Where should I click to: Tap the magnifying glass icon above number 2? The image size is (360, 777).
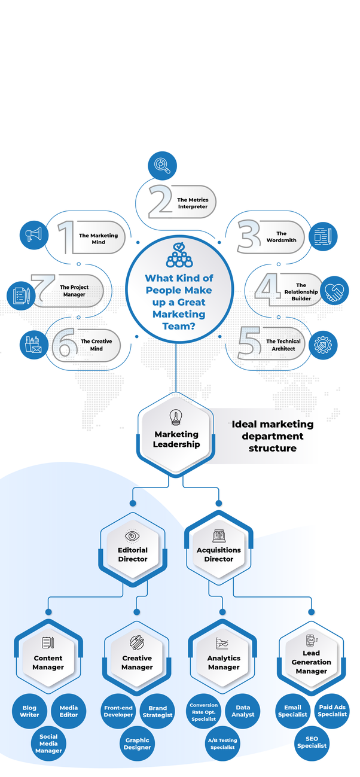pos(162,164)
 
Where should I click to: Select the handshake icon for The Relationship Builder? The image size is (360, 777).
pos(334,291)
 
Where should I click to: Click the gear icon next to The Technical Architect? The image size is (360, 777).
pos(325,345)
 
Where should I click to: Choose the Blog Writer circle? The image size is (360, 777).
pos(29,711)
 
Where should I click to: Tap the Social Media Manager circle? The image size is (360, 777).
pos(48,743)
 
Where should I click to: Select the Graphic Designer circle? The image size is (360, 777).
pos(137,744)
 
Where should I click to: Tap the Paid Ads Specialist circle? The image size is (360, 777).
pos(332,711)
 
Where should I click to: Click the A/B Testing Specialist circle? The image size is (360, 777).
pos(222,744)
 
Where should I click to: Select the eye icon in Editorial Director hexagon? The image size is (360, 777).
pos(132,535)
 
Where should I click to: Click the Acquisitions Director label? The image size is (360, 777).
pos(219,554)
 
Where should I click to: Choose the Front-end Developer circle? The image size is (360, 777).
pos(118,711)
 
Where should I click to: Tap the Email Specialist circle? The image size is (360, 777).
pos(292,711)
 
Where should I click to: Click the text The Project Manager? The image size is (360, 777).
pos(74,291)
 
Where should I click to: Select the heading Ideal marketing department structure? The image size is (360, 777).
pos(272,436)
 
